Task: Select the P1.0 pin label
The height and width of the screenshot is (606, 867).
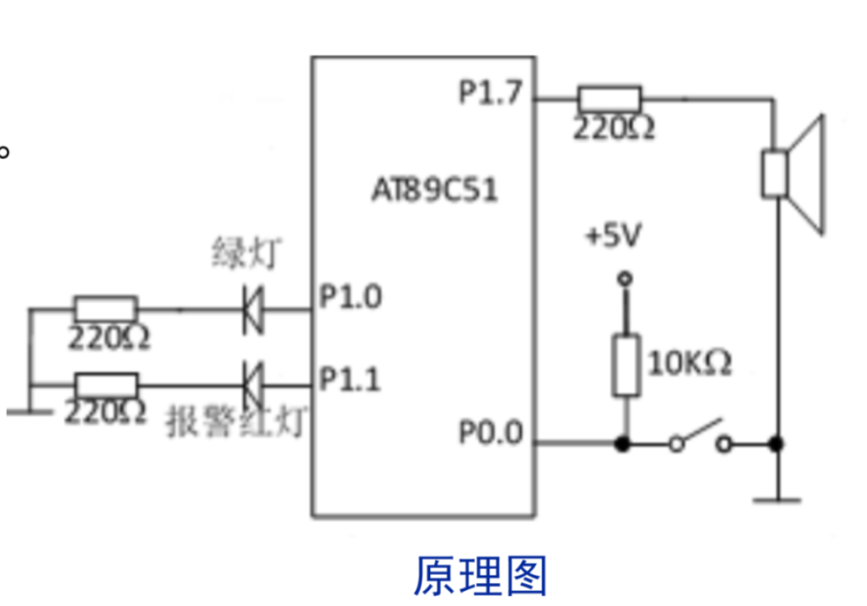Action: pyautogui.click(x=350, y=297)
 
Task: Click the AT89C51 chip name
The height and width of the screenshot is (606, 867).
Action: pyautogui.click(x=434, y=190)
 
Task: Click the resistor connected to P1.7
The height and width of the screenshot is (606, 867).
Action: pyautogui.click(x=609, y=99)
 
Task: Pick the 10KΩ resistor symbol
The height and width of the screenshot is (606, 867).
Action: pyautogui.click(x=626, y=365)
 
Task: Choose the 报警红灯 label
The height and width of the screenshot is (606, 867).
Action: pyautogui.click(x=235, y=421)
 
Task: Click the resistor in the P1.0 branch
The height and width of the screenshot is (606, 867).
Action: pyautogui.click(x=105, y=309)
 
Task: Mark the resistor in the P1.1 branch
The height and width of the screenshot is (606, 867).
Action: pyautogui.click(x=105, y=384)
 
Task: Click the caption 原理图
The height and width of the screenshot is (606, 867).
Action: pyautogui.click(x=480, y=576)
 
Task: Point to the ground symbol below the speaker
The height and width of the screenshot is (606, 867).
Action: pyautogui.click(x=776, y=499)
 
